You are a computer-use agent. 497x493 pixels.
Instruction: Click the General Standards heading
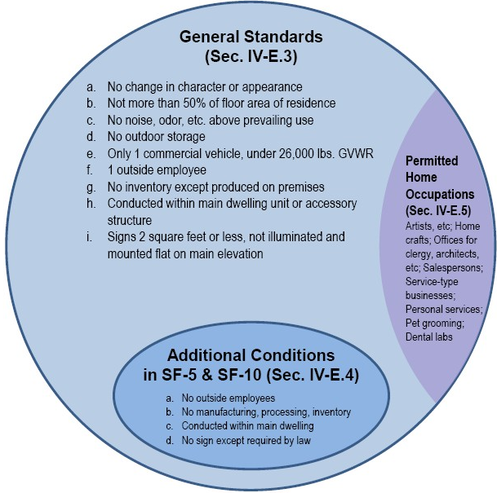tap(251, 37)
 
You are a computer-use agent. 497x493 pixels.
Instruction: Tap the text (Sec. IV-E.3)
tap(251, 57)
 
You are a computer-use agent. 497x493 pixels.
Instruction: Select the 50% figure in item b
tap(194, 103)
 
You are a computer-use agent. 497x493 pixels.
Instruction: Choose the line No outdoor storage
tap(156, 137)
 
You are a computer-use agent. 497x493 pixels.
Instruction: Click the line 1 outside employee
tap(157, 170)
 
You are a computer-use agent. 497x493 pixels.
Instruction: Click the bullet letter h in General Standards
tap(91, 204)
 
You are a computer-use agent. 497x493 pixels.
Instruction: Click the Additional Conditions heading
tap(251, 355)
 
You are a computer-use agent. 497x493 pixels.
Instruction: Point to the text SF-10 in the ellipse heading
tap(239, 375)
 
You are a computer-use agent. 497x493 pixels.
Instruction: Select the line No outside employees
tap(229, 398)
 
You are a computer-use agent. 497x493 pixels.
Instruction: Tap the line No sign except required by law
tap(246, 441)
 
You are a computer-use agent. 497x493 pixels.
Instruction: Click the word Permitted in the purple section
tap(432, 161)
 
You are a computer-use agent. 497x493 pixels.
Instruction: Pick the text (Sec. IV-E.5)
tap(438, 211)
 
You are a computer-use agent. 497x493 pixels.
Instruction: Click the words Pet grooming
tap(434, 324)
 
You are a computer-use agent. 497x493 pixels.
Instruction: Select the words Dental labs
tap(428, 337)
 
